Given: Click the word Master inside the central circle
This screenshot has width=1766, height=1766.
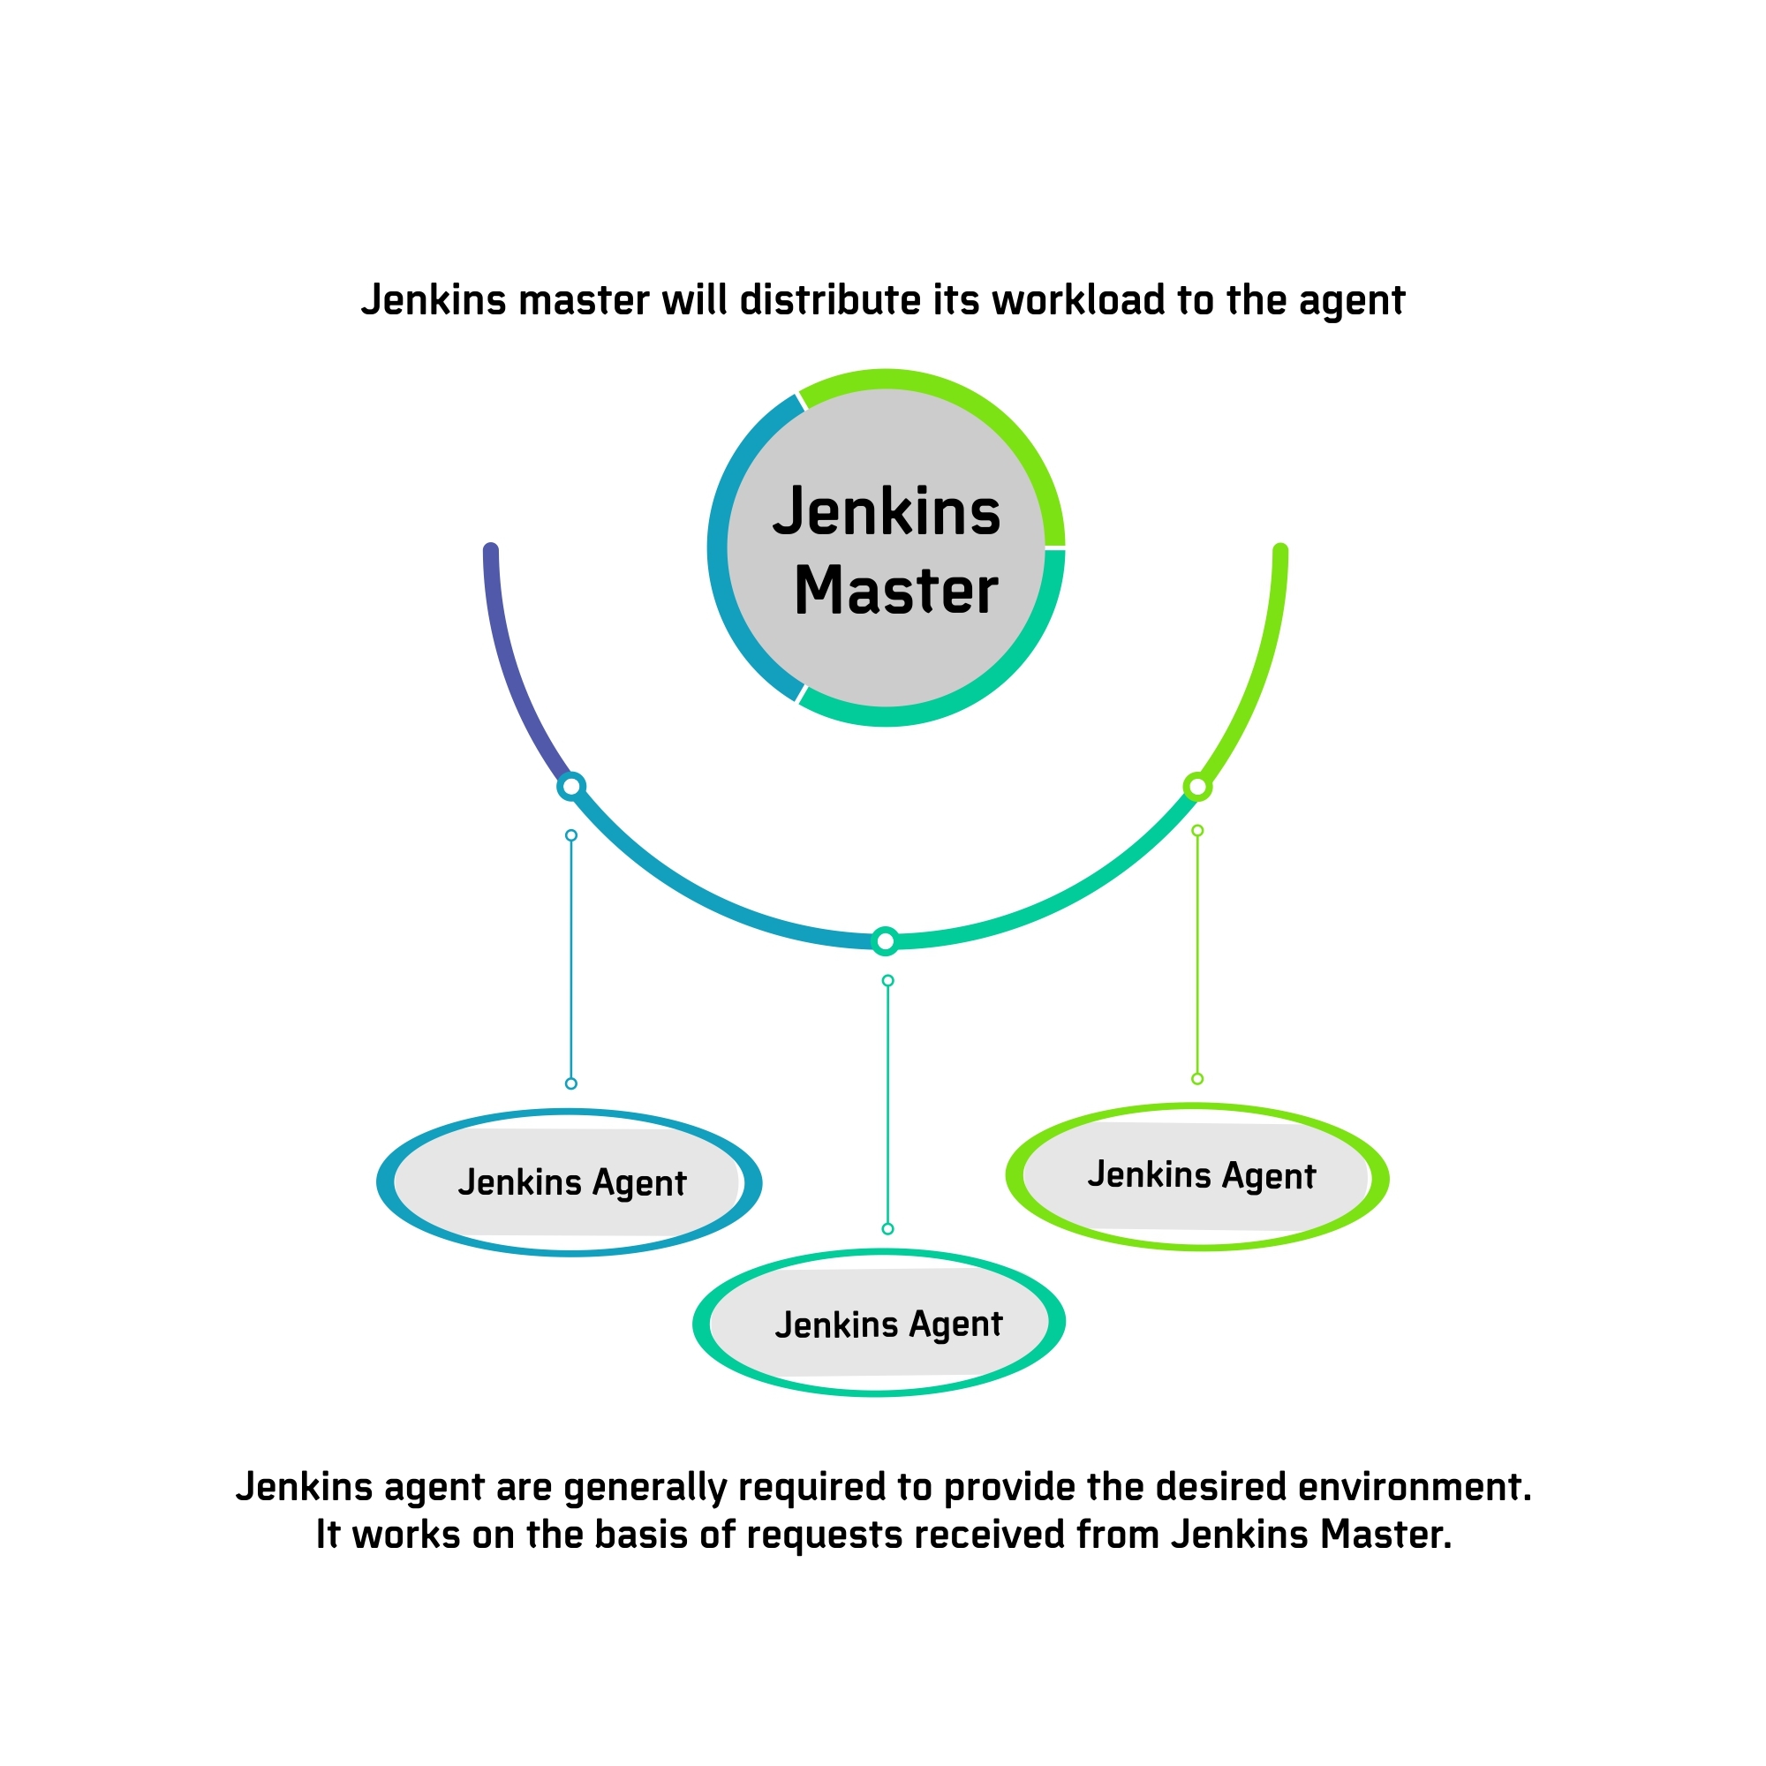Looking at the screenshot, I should [x=895, y=591].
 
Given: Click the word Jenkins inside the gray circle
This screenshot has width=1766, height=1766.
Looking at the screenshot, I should [x=887, y=512].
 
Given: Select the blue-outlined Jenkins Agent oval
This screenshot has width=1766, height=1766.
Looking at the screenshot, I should [x=569, y=1183].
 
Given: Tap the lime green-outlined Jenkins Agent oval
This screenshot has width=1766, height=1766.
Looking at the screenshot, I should [x=1197, y=1176].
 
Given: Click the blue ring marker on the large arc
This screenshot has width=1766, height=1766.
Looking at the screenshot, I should [x=571, y=786].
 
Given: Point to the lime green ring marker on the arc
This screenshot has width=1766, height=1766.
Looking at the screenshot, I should [x=1197, y=786].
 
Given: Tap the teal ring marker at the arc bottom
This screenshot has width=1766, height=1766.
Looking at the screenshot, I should [x=885, y=940].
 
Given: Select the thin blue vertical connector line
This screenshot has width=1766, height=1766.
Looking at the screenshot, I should [x=571, y=960].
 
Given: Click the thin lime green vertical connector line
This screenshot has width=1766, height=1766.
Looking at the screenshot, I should [x=1197, y=955].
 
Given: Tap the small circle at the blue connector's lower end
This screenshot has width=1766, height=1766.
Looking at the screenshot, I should [x=571, y=1083].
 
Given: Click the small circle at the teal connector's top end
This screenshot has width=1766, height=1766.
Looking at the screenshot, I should [x=887, y=981].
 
